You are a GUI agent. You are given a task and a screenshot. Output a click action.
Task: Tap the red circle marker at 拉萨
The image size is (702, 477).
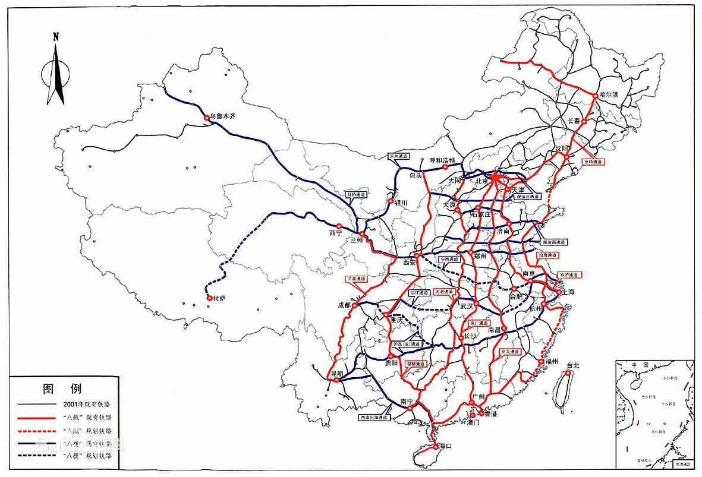209,298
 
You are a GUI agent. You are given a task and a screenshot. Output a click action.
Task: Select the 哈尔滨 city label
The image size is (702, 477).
609,94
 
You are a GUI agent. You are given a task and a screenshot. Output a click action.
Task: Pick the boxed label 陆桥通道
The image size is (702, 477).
357,194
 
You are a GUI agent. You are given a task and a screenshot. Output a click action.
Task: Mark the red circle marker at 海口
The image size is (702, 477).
436,446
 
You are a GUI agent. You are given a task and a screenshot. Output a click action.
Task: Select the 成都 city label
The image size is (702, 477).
344,305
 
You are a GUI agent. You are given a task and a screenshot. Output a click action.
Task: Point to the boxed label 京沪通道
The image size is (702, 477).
569,274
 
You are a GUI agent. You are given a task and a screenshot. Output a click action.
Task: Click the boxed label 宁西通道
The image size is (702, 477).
450,260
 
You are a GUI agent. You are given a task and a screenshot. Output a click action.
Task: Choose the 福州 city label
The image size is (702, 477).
551,361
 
